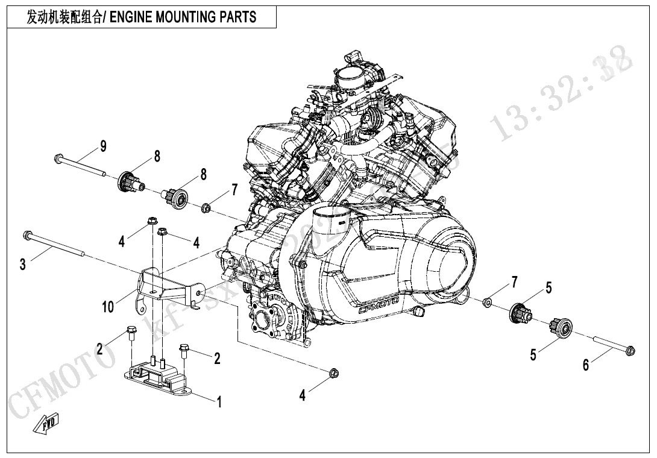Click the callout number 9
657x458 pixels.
coord(103,146)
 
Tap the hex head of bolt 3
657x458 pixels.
coord(27,234)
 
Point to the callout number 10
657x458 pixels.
coord(107,307)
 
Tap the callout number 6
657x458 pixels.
coord(585,365)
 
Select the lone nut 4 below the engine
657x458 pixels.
coord(333,372)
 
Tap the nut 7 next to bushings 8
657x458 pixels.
coord(205,209)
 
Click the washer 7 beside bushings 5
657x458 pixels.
coord(488,300)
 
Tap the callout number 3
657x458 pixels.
coord(22,264)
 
